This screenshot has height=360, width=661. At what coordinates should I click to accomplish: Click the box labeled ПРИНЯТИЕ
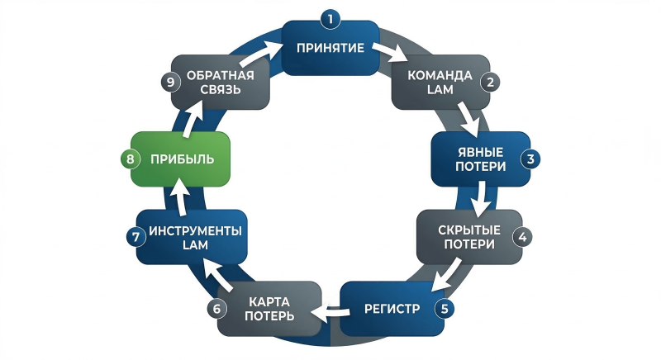point(330,47)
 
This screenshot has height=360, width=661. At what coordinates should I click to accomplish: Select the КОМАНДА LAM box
point(440,83)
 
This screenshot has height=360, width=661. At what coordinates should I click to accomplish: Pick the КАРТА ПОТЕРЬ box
point(269,309)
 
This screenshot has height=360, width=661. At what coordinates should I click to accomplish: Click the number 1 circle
point(330,17)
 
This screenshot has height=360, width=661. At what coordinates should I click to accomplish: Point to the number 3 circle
point(531,159)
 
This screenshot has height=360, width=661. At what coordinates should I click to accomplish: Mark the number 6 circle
point(216,309)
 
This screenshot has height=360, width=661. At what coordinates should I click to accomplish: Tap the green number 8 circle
point(130,159)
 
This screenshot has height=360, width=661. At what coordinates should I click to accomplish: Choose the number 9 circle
point(169,82)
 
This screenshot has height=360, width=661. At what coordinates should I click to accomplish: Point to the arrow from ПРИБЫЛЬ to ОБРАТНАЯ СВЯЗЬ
point(188,122)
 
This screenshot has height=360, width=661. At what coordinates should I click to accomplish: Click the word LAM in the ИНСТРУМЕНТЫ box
point(196,246)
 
